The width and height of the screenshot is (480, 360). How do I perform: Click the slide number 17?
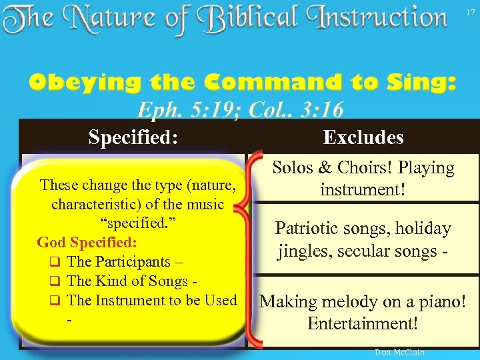click(471, 11)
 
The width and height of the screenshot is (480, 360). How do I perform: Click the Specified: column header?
click(133, 137)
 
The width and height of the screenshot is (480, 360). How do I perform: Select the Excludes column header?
click(363, 137)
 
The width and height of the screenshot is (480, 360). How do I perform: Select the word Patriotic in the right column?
click(310, 229)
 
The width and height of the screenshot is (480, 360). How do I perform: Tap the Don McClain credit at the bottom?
click(399, 352)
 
